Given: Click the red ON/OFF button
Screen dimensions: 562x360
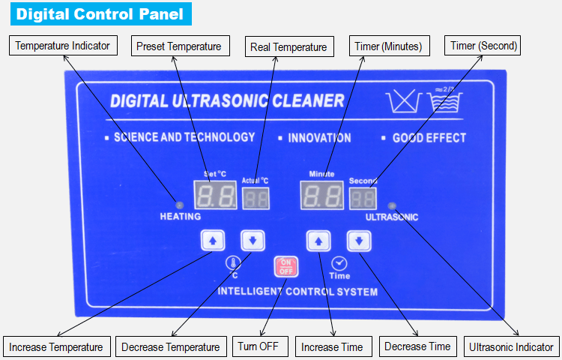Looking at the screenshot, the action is pos(286,267).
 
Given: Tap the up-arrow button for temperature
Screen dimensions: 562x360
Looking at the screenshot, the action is pos(213,240).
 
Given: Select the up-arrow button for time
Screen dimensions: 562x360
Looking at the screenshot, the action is pos(318,241).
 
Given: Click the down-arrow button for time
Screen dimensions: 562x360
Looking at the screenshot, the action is pos(359,241).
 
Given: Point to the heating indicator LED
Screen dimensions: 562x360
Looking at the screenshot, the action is pos(180,205).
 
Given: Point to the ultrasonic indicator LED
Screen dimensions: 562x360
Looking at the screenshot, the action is pos(392,205).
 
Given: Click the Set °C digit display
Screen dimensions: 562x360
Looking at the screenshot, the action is pos(215,195).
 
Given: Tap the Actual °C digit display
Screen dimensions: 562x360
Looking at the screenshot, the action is pos(256,199).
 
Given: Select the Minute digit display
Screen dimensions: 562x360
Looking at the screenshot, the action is pos(322,196).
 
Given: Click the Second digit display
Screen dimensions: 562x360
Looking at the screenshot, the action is pos(363,199).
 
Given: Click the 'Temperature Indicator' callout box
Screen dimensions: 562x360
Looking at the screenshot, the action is pos(63,46).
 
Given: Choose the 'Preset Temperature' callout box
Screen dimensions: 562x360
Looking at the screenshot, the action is pos(181,46).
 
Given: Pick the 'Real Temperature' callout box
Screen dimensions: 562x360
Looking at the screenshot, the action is pos(289,46).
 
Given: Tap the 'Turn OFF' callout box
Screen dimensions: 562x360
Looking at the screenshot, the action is pos(260,346).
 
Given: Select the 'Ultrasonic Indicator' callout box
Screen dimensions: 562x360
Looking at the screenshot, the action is pos(512,346).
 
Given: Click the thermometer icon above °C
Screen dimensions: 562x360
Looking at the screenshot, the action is pos(233,263).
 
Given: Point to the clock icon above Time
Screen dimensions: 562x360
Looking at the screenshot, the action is pos(339,263).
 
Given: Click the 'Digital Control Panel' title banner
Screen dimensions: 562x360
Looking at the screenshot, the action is pos(101,14).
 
